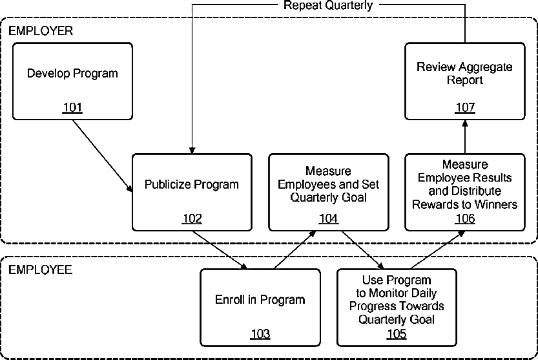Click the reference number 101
73,107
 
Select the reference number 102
192,218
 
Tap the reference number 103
260,334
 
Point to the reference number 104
328,218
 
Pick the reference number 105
397,334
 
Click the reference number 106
465,218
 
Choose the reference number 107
465,107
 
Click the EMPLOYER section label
41,31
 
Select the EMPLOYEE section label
40,270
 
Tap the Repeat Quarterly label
328,5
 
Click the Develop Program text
72,74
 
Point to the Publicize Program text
191,184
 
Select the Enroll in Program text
260,300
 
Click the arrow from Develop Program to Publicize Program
103,156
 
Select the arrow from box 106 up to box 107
465,137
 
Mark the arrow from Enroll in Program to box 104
295,249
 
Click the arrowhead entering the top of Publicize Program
192,151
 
